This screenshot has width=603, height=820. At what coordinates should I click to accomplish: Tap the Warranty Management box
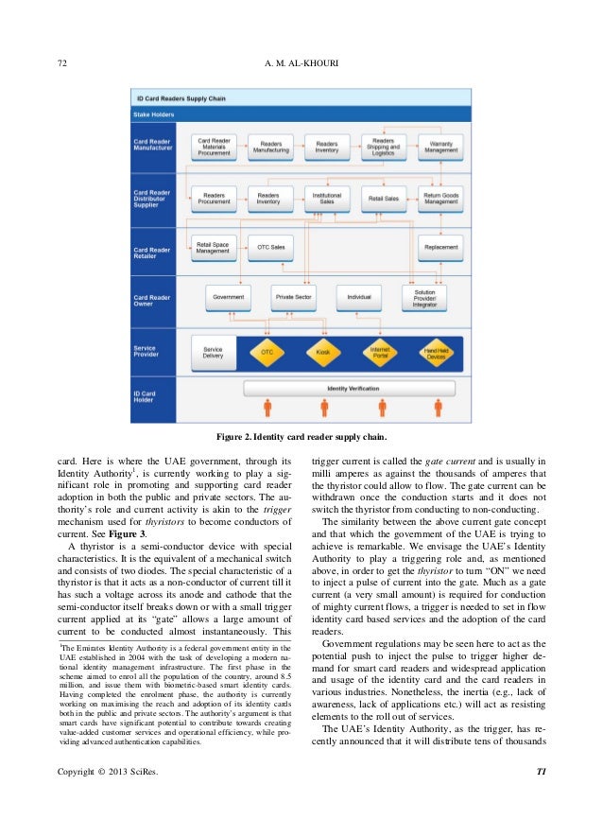tap(439, 147)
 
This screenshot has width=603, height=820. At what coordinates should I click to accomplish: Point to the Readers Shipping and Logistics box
tap(383, 147)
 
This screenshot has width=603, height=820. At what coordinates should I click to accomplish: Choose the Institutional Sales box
tap(327, 198)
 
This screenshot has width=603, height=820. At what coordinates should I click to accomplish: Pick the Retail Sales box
tap(383, 199)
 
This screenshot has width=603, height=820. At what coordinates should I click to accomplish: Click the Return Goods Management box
tap(439, 198)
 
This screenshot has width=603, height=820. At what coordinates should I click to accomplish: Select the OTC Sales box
tap(270, 248)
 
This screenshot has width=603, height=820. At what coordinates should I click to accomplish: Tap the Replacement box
tap(439, 248)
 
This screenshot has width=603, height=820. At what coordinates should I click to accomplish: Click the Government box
tap(228, 297)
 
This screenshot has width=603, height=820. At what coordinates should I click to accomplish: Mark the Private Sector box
tap(294, 297)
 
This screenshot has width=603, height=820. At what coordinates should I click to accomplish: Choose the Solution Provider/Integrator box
tap(424, 297)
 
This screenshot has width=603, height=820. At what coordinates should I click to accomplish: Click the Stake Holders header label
tap(155, 112)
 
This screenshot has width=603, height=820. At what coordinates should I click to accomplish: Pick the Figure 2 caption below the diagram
tap(301, 437)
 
